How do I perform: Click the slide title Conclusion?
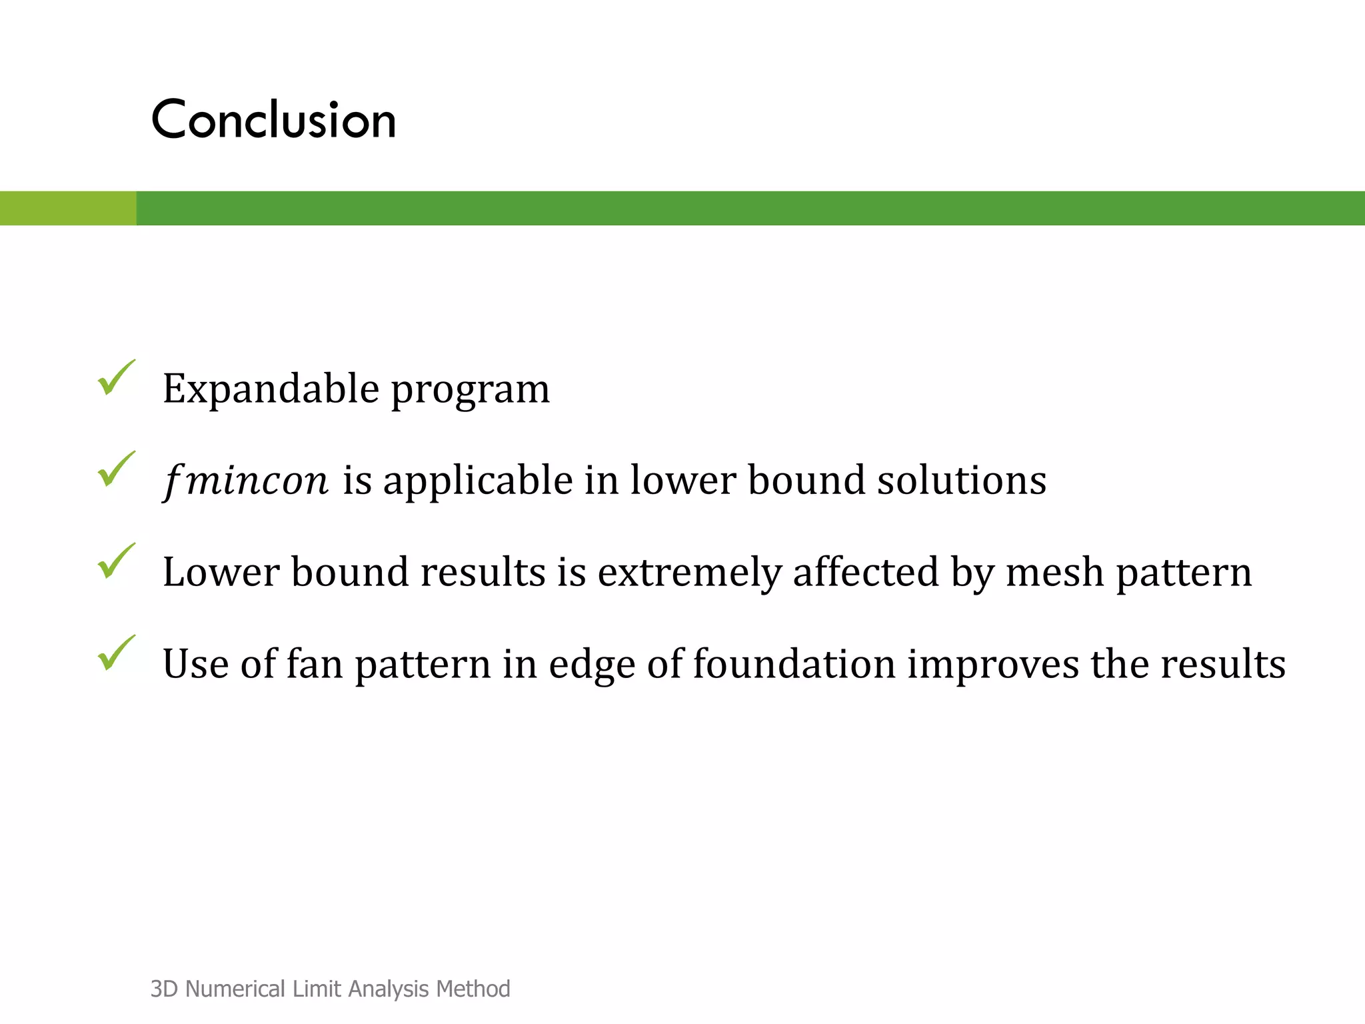coord(273,120)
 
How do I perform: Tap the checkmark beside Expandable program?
coord(116,378)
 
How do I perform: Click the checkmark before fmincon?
coord(116,470)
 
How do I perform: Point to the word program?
coord(470,390)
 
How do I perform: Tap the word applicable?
coord(477,481)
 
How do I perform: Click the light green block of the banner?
coord(68,208)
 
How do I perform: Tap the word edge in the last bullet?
coord(592,665)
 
